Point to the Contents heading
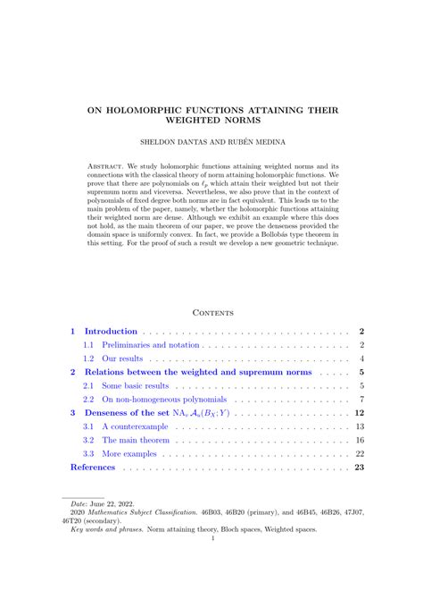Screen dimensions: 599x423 click(212, 312)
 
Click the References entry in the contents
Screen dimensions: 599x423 click(93, 467)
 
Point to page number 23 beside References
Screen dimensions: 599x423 click(360, 467)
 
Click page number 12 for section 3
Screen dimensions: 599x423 click(360, 413)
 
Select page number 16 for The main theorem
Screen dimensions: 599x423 click(360, 440)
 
